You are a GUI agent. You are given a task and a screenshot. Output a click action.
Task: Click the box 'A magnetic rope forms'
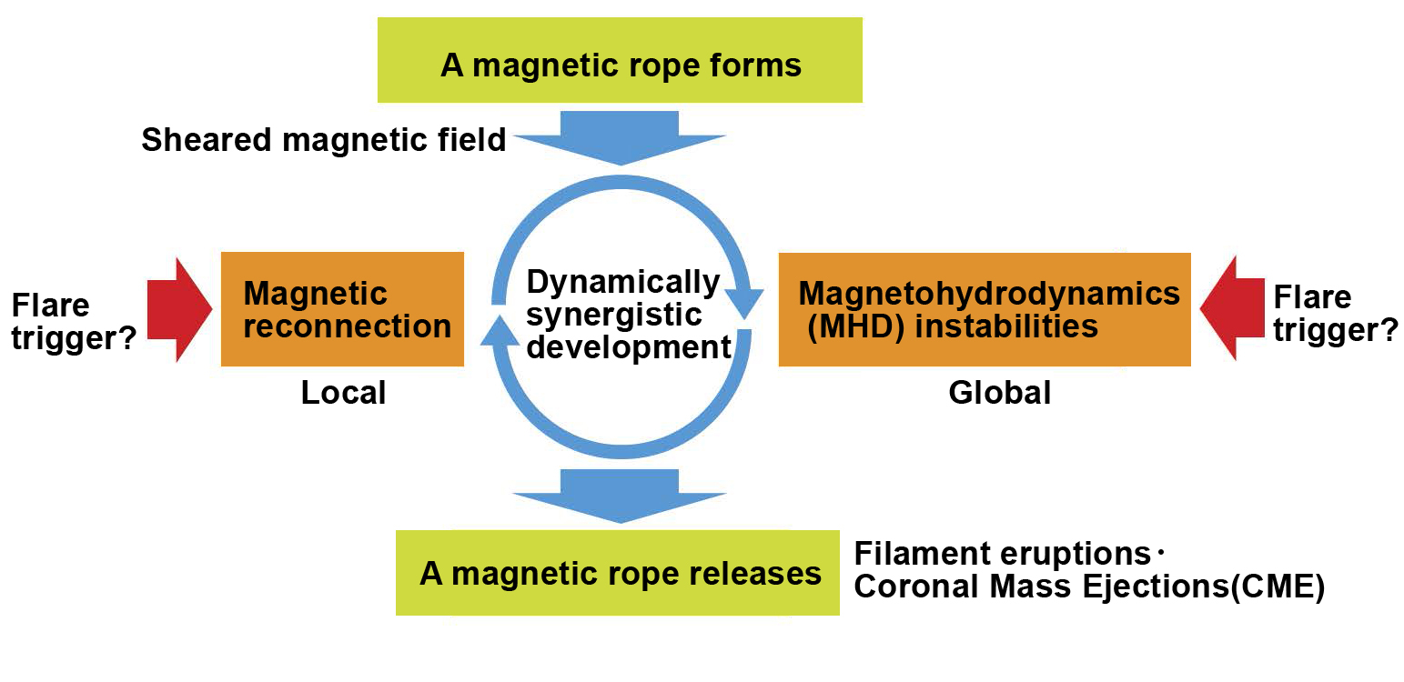620,60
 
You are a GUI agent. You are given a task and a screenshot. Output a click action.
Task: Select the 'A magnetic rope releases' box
618,573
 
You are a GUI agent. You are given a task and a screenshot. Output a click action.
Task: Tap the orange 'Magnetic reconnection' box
342,309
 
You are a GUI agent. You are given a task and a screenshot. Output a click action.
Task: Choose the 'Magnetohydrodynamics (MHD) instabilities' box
985,309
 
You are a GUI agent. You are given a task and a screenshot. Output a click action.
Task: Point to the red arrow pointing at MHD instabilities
1232,308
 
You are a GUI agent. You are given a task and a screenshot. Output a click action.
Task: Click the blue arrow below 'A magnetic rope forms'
620,138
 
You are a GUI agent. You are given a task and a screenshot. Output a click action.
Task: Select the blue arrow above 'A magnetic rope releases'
620,496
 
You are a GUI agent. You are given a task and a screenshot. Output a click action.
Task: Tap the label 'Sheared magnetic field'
323,140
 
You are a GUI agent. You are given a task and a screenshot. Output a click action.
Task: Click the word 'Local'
343,393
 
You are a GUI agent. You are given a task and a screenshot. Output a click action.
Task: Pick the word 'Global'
1000,393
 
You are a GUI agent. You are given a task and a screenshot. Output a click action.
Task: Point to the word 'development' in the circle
629,347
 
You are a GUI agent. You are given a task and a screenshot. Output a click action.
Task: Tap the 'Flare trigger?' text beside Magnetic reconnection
74,322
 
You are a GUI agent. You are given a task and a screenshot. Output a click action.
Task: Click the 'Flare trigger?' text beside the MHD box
1335,314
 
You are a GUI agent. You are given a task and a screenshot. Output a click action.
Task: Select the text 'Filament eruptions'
1003,554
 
